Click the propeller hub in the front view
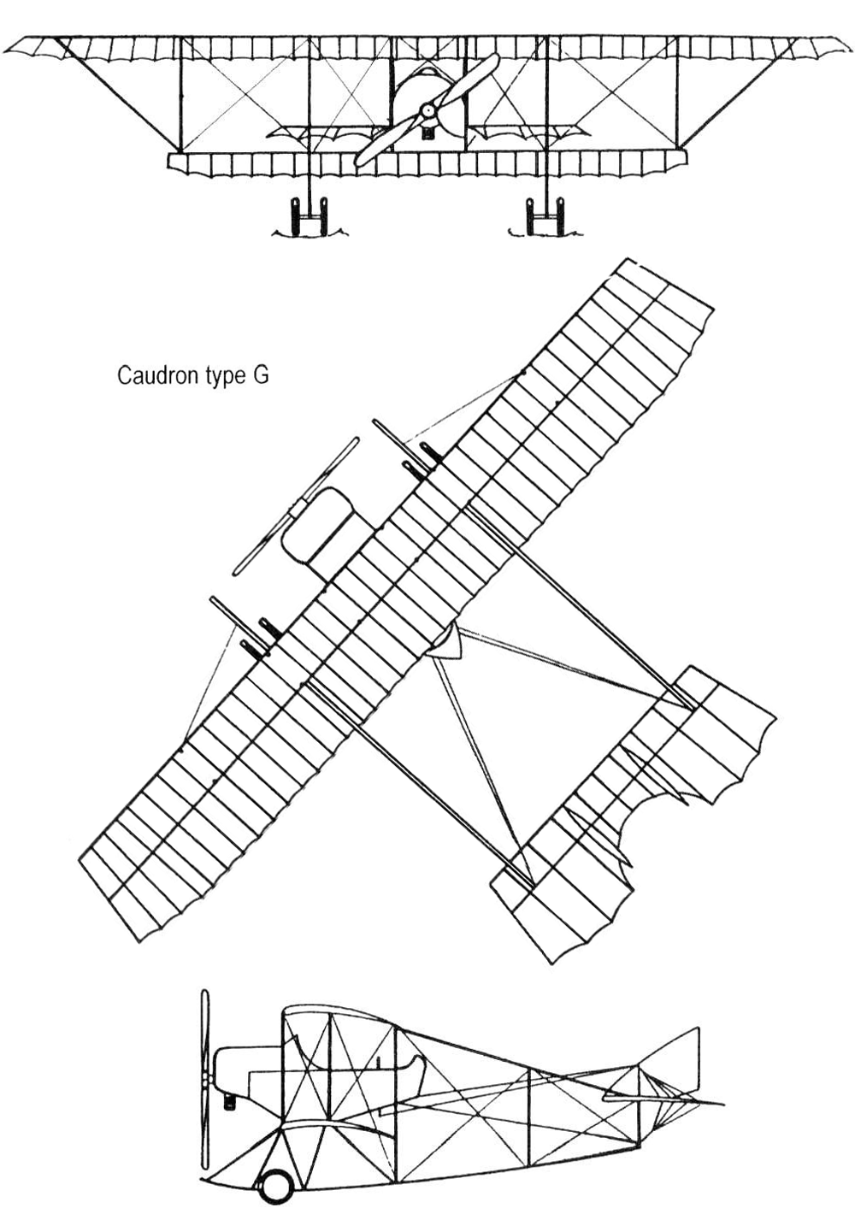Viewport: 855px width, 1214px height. [x=428, y=110]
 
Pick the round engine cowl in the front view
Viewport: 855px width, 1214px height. [x=427, y=94]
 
